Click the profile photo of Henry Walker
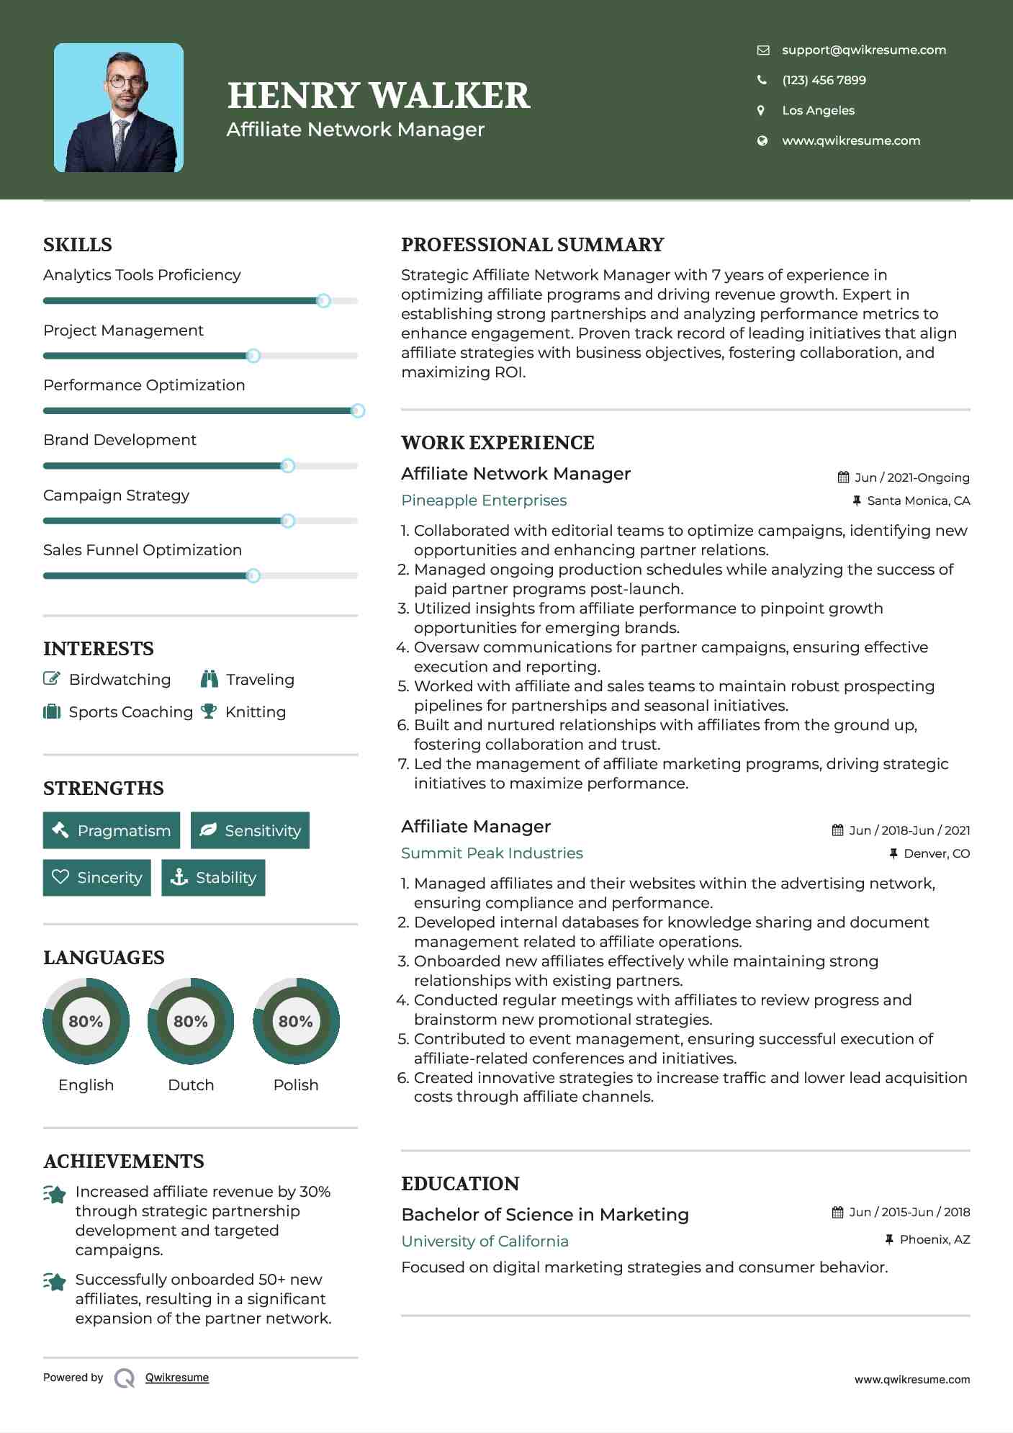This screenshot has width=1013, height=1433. click(x=119, y=108)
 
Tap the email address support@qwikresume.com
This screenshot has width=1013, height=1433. click(x=863, y=50)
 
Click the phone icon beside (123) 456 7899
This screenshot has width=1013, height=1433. click(x=762, y=80)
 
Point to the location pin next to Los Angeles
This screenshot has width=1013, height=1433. click(x=761, y=110)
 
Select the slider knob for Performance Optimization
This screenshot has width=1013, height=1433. click(x=357, y=410)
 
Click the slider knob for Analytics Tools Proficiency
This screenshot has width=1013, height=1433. click(x=323, y=300)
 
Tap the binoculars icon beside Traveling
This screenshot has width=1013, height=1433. click(x=210, y=678)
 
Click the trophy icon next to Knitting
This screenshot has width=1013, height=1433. click(x=209, y=711)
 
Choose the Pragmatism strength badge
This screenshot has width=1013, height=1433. click(x=112, y=830)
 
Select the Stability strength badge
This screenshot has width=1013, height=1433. click(x=213, y=877)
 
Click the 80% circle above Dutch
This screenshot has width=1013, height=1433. click(x=191, y=1021)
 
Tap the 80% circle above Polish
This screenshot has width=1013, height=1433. click(x=296, y=1021)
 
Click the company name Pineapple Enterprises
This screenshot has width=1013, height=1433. click(x=484, y=500)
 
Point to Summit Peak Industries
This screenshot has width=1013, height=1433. click(x=492, y=853)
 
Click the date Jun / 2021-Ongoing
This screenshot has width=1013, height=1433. click(x=911, y=477)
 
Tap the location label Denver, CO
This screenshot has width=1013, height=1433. click(x=936, y=853)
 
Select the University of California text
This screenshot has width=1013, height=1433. click(x=485, y=1241)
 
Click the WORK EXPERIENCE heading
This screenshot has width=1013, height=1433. click(x=498, y=443)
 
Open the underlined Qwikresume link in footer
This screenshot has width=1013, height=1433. click(x=177, y=1378)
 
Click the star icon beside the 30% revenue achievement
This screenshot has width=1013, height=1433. click(x=55, y=1194)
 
